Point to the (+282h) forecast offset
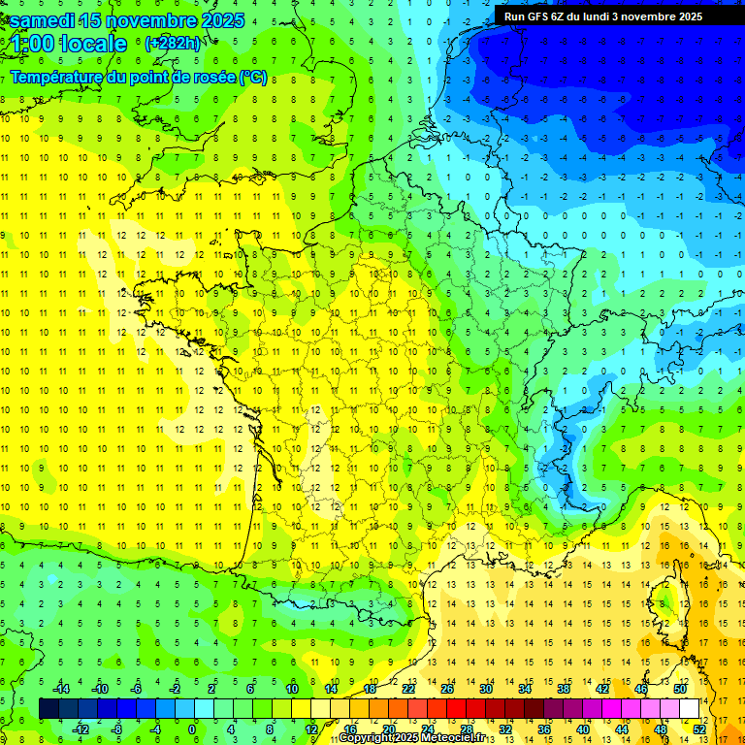tap(173, 44)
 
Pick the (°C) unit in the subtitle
tap(253, 77)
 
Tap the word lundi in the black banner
tap(608, 16)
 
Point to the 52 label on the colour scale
tap(699, 729)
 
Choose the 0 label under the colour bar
tap(192, 729)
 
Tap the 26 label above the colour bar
tap(447, 689)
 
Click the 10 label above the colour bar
tap(291, 689)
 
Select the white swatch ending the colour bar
tap(689, 708)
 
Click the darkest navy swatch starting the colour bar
tap(49, 708)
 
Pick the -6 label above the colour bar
tap(136, 689)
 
